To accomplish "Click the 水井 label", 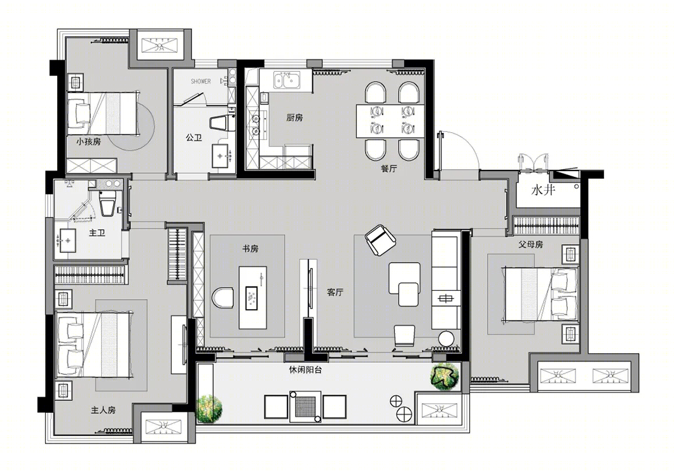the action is [x=544, y=190].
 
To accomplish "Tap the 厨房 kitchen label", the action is [x=294, y=118].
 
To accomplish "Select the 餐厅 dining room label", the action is [x=389, y=169].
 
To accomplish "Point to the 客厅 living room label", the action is [x=335, y=293].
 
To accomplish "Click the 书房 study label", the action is [x=250, y=249].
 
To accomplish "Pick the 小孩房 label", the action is [x=88, y=141].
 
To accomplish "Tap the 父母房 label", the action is [x=530, y=245].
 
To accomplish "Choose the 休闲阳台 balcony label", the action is [x=305, y=370].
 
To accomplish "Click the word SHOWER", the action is [x=201, y=81].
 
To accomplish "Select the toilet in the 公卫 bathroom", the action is [x=222, y=123].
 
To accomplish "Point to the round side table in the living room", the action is [x=446, y=338].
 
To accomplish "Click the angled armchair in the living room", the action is [x=380, y=240].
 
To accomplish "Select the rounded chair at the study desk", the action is [x=223, y=297].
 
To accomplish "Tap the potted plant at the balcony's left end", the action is [x=209, y=408].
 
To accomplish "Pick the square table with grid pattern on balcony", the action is [x=305, y=407].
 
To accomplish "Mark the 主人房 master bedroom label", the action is [x=103, y=410].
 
